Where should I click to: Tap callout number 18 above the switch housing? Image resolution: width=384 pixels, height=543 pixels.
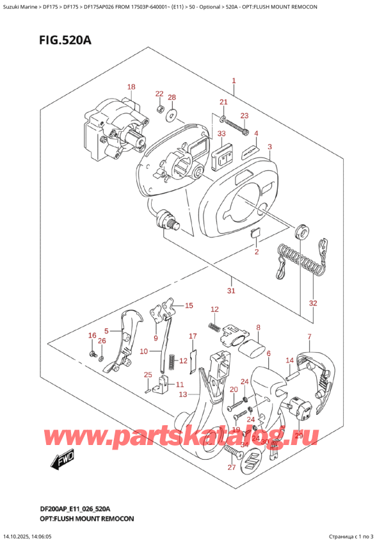click(131, 87)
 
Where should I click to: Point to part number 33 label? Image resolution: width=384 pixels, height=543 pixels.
click(221, 133)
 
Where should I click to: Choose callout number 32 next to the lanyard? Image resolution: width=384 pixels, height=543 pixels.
click(312, 304)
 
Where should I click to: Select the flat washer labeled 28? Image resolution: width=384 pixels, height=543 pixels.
click(172, 116)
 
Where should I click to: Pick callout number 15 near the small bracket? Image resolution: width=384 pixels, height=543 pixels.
click(188, 306)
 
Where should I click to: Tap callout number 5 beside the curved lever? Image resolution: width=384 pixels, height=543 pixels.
click(107, 331)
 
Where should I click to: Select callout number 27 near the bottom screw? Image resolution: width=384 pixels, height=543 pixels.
click(232, 467)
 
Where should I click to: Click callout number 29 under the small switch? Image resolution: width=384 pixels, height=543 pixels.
click(298, 435)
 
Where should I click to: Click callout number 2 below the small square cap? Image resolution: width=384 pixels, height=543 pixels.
click(256, 252)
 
